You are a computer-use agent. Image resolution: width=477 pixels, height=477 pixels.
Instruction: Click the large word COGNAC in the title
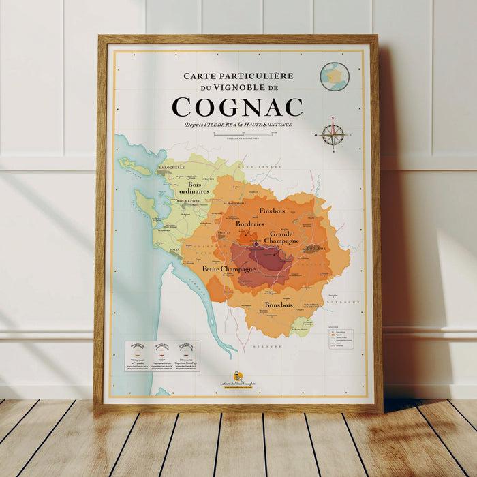[x=237, y=107]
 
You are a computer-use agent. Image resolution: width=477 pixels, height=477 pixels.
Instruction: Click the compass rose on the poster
[x=333, y=134]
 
